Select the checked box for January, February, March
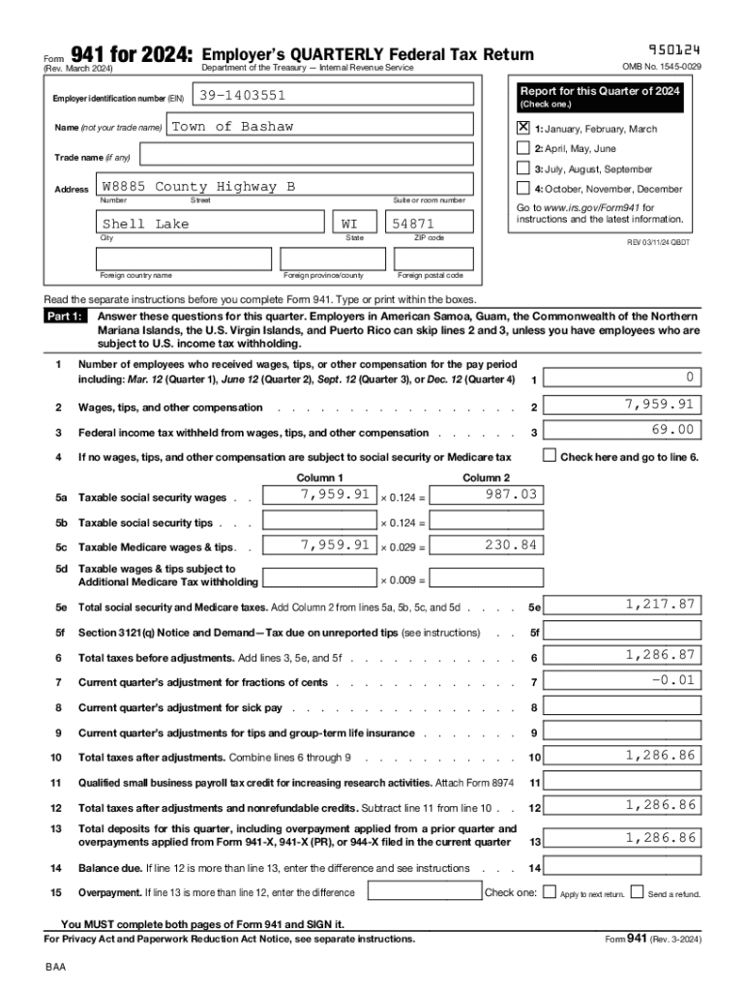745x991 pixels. (523, 128)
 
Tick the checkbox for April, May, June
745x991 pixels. (523, 148)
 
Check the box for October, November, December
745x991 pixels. (523, 189)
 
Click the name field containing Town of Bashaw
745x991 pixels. (232, 127)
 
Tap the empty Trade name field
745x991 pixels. (303, 156)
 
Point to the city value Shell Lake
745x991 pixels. (146, 224)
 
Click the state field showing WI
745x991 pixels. (349, 224)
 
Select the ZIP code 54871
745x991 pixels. (413, 224)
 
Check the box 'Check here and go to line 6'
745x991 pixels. (550, 455)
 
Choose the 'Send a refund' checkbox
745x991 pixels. (638, 892)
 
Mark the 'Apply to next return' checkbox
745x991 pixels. (550, 892)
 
